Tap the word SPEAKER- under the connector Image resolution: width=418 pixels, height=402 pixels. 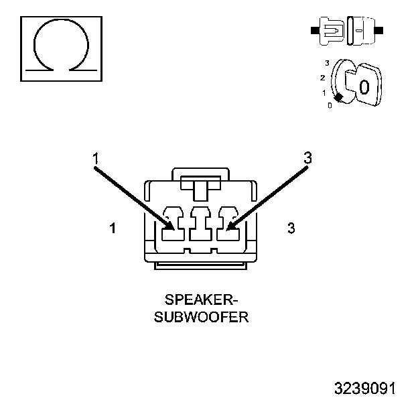(x=201, y=299)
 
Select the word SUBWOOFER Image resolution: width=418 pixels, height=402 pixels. (x=201, y=316)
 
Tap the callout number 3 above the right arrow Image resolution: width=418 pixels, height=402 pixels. (x=307, y=158)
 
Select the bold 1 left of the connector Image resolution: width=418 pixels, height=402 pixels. (x=113, y=228)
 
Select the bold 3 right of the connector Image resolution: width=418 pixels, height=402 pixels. (x=291, y=228)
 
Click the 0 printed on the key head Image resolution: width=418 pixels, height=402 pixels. (x=364, y=87)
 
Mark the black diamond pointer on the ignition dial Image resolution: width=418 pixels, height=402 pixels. (x=339, y=98)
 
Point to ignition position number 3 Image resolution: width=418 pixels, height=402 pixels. (x=326, y=63)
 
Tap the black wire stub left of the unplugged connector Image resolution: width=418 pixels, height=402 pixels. (x=313, y=30)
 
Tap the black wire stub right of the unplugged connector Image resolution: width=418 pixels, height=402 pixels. (x=379, y=30)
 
